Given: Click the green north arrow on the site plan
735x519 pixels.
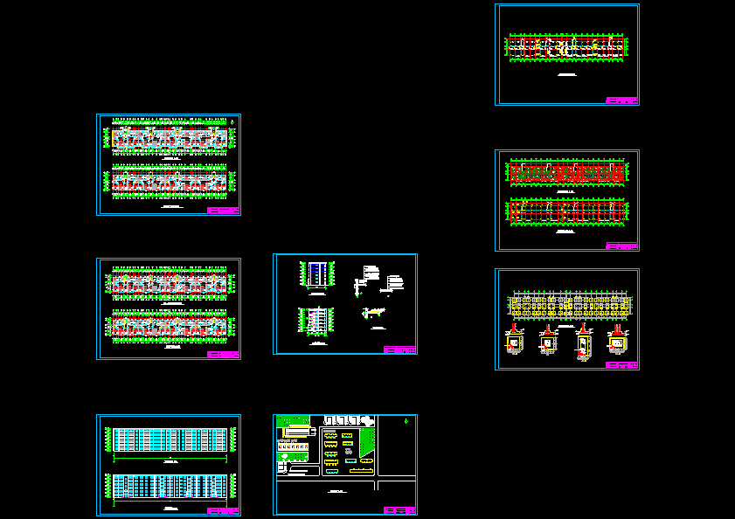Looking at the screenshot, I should point(406,423).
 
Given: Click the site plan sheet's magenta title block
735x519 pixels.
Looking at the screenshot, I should point(399,510).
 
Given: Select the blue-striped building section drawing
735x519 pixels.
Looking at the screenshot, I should point(315,273).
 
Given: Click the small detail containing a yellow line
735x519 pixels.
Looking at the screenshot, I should point(374,312).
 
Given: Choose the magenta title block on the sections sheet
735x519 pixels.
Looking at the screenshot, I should point(399,349).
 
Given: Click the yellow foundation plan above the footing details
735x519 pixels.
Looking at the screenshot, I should point(570,305).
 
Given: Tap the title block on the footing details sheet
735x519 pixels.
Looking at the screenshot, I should point(621,365).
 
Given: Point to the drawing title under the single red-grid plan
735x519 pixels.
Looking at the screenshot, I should point(566,76).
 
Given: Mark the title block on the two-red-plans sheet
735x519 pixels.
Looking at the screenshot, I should point(621,246).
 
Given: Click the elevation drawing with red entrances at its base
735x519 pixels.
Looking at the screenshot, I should point(170,487).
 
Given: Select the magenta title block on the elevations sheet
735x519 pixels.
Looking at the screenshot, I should point(223,510).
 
